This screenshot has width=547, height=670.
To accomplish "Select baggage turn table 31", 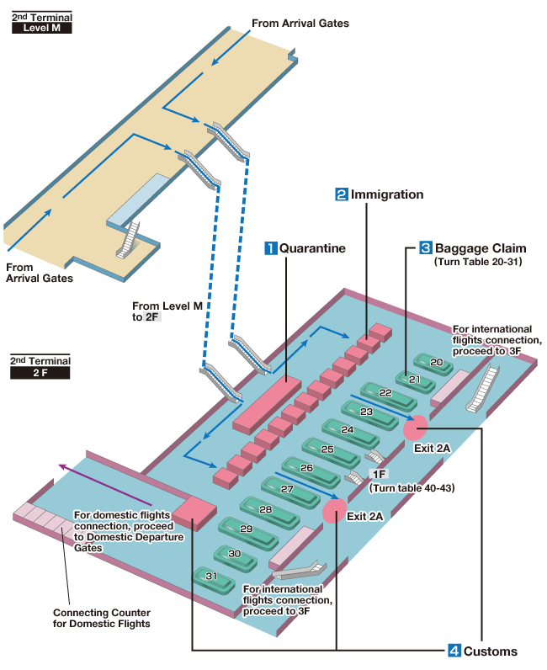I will [211, 577].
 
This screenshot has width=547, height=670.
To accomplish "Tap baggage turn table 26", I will [306, 468].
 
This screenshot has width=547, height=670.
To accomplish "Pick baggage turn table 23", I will [366, 412].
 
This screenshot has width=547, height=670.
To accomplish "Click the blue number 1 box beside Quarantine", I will [271, 248].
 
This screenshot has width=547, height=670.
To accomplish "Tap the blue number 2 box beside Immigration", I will [342, 194].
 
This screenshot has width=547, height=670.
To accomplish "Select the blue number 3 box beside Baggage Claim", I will [426, 248].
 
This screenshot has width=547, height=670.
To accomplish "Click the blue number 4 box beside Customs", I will [454, 651].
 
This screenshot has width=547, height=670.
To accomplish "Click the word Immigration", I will [387, 194].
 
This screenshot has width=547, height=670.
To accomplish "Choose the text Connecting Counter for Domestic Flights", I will [102, 618].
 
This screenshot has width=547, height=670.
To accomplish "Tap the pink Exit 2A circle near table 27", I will [335, 510].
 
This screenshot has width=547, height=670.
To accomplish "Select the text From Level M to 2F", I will [167, 311].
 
